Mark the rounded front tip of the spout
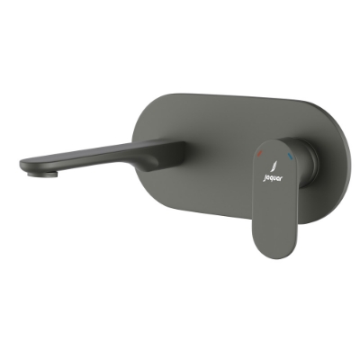23,166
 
